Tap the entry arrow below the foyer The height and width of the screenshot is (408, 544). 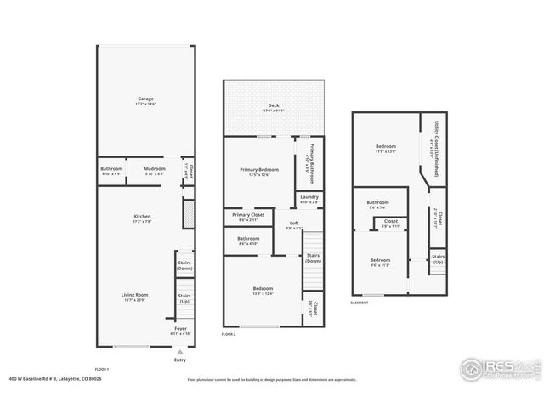point(179,351)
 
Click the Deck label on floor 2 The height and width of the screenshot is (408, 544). point(273,106)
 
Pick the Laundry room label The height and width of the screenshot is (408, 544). point(309,199)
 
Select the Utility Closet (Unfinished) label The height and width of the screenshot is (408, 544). point(434,146)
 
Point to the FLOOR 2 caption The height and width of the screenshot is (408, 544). point(228,335)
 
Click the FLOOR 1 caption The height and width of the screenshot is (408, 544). point(102,368)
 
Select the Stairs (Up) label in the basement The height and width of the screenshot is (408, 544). point(438,258)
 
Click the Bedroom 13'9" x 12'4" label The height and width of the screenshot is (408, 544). point(263,292)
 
